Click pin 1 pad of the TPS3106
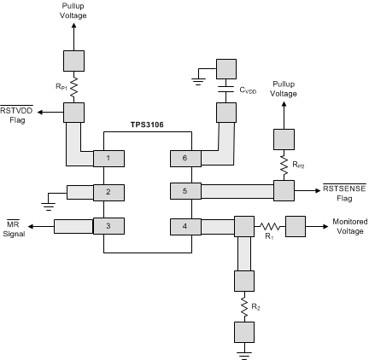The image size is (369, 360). [108, 158]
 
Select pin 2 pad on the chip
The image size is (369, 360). [108, 192]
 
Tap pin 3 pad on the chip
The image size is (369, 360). [108, 226]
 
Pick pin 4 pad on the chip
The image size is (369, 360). [184, 226]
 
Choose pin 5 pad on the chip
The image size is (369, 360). [184, 192]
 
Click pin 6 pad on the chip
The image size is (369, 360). [184, 158]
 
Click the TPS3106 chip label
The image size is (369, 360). [146, 125]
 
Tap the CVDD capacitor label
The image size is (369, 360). [249, 89]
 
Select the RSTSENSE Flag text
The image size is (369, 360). [344, 192]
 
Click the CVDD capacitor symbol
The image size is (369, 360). [226, 88]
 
